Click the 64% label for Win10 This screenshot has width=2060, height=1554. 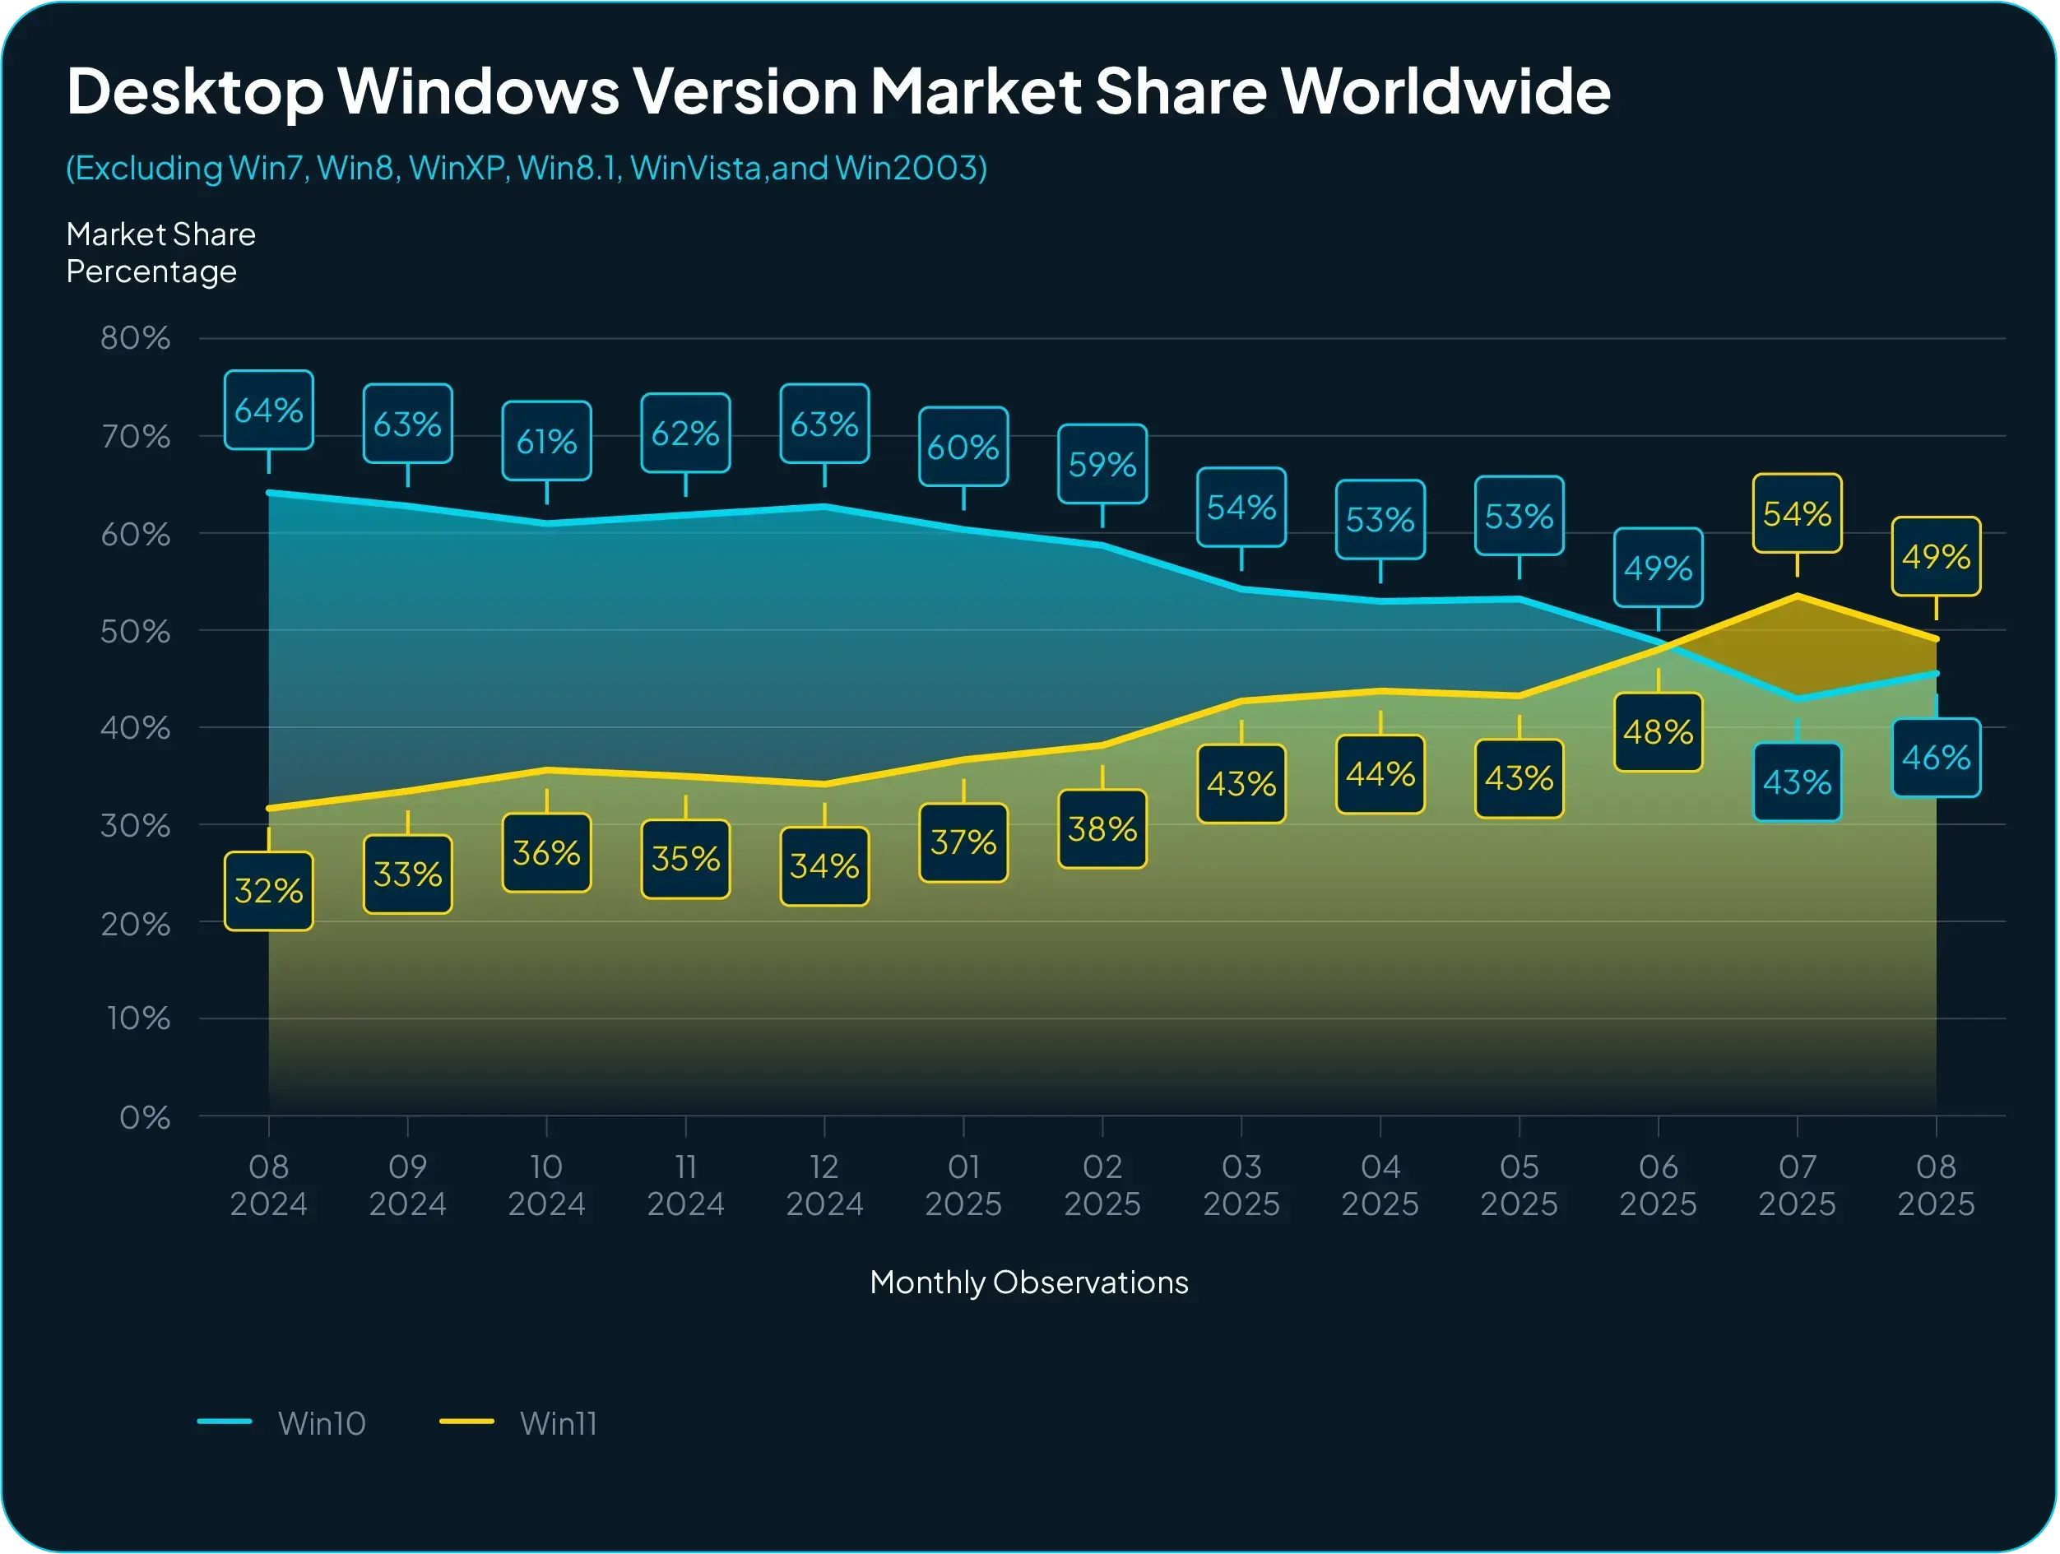268,411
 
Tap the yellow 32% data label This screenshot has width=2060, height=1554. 268,891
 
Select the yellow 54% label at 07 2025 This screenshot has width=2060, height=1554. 1797,514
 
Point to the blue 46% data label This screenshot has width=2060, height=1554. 1935,758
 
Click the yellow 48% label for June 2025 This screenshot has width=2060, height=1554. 1658,732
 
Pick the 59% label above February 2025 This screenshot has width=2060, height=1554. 1102,464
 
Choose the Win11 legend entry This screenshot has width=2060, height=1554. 517,1422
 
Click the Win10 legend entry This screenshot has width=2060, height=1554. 282,1422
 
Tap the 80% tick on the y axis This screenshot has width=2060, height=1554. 136,338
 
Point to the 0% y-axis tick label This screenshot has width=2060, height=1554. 144,1116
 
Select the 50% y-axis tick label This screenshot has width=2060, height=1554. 136,631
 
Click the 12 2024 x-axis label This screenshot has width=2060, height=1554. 824,1185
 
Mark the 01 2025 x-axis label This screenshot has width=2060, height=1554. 963,1185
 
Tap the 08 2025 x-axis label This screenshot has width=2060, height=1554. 1935,1185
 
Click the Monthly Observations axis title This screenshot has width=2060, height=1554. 1028,1283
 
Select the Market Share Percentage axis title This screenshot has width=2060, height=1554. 160,253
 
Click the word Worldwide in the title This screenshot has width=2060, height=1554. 1445,91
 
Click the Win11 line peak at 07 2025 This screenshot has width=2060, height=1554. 1797,595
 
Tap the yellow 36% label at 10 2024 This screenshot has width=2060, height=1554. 545,853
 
